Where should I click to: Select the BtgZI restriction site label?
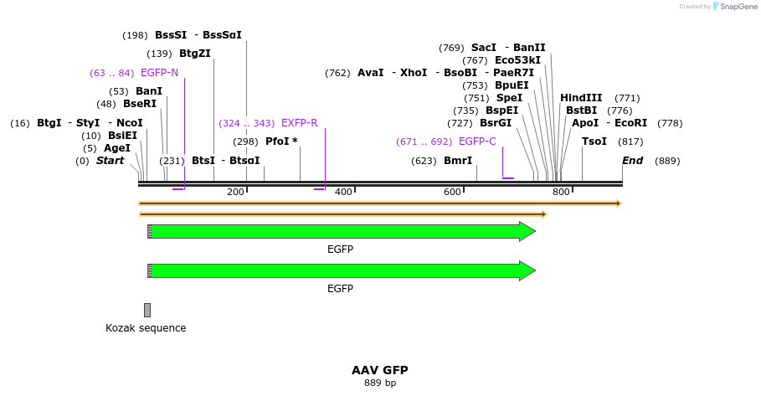point(194,54)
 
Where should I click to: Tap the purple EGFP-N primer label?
point(159,73)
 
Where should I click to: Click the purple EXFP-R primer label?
point(299,123)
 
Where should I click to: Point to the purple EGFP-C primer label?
point(477,141)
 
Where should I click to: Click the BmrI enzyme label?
point(458,161)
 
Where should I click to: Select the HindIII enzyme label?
point(581,98)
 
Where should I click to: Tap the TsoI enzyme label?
point(594,141)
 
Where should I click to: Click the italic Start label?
point(110,161)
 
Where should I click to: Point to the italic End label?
point(632,161)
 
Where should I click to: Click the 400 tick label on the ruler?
point(343,193)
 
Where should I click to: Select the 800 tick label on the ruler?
point(561,193)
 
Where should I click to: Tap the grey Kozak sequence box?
point(147,310)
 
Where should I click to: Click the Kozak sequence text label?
point(146,328)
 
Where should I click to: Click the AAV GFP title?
point(380,370)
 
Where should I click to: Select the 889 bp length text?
point(380,383)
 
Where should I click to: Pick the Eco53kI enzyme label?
point(517,60)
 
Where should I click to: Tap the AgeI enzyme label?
point(117,148)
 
